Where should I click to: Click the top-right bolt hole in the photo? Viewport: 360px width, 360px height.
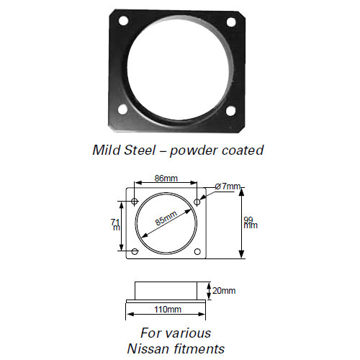231,22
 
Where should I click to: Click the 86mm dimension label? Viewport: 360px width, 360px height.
166,178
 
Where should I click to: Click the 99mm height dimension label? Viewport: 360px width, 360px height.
250,222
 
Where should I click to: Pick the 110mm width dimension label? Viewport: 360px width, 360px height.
168,310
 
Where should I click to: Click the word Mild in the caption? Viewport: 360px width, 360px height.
107,150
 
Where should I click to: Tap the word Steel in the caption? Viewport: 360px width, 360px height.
143,150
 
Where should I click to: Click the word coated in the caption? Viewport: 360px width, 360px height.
243,150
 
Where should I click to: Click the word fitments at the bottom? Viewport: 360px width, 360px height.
200,348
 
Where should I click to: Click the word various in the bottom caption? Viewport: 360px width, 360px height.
188,333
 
